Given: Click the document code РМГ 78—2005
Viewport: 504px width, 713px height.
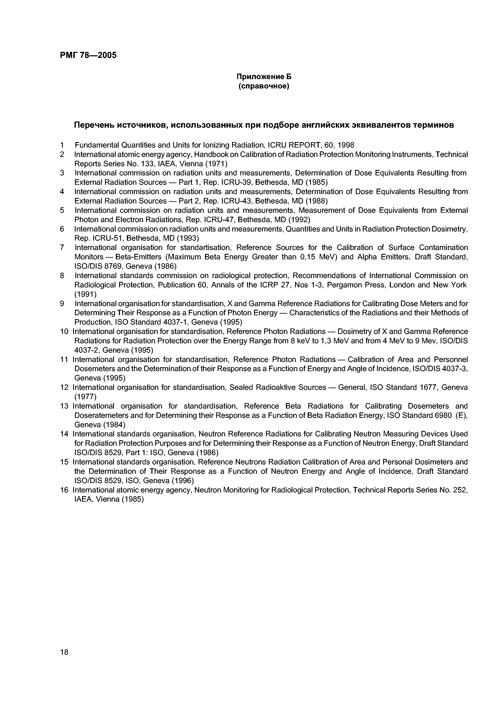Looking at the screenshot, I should point(88,55).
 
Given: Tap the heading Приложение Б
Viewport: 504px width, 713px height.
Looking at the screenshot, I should point(264,76).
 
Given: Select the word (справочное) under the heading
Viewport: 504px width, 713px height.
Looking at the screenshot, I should point(264,86).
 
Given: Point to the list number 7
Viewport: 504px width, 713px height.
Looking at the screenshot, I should point(62,248).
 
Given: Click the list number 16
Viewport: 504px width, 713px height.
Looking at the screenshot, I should point(64,490).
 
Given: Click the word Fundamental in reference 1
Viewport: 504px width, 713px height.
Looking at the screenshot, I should point(97,145).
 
